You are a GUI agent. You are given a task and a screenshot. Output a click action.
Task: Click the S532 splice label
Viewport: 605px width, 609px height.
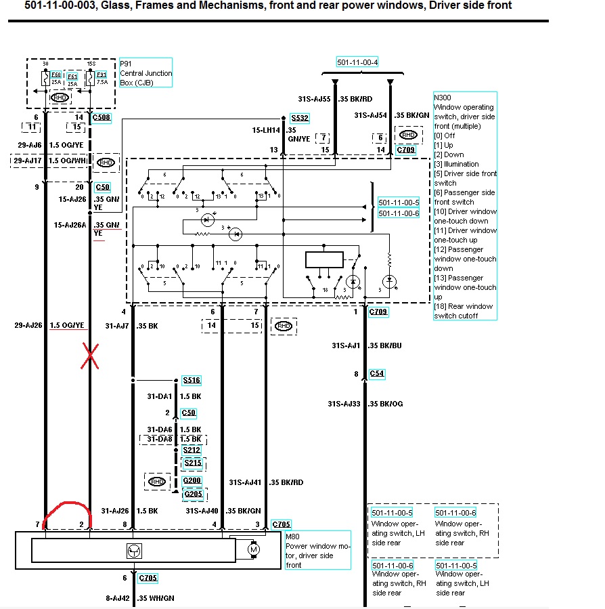click(299, 118)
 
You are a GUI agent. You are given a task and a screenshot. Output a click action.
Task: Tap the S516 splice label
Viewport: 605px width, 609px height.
click(192, 380)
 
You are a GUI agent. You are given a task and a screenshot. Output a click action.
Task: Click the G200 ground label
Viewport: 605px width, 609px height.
click(193, 481)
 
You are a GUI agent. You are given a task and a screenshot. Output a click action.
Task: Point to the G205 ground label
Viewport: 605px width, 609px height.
click(193, 494)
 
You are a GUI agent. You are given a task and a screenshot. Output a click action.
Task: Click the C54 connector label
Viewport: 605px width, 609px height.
click(377, 374)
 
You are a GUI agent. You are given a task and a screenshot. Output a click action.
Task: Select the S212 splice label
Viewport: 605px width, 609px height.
click(192, 449)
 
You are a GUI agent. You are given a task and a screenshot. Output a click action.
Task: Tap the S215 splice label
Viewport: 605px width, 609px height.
click(193, 463)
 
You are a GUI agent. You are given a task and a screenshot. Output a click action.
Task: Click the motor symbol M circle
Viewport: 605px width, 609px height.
click(254, 549)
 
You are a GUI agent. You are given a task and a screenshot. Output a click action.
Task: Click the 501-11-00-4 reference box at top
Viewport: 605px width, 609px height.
click(357, 62)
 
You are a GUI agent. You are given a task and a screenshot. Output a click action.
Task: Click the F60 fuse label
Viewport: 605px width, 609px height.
click(56, 74)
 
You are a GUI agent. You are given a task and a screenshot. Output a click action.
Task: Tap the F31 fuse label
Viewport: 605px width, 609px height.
click(102, 74)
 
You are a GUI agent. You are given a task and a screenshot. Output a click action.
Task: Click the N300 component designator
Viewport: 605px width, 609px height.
click(443, 98)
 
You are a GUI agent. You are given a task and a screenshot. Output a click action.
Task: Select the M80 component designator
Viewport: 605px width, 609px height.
click(294, 537)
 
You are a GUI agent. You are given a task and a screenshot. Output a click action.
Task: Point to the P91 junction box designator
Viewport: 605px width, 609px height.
click(126, 64)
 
